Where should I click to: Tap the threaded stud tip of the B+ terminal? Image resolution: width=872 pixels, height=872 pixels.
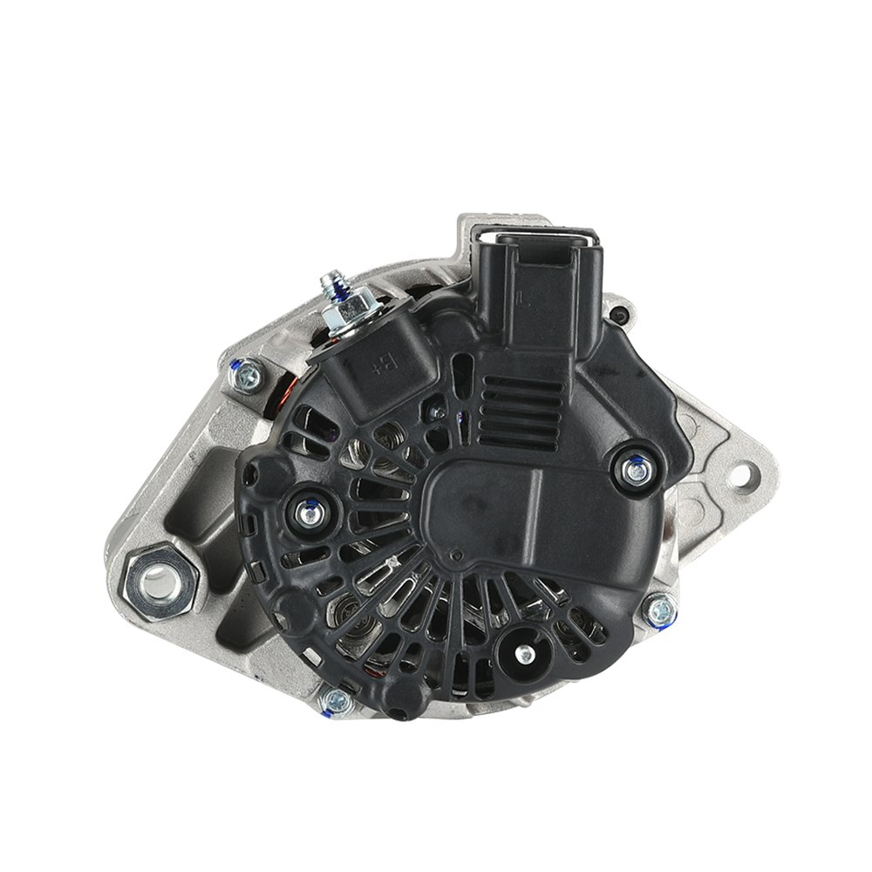click(330, 280)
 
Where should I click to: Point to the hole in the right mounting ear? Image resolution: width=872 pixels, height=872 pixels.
click(746, 476)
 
